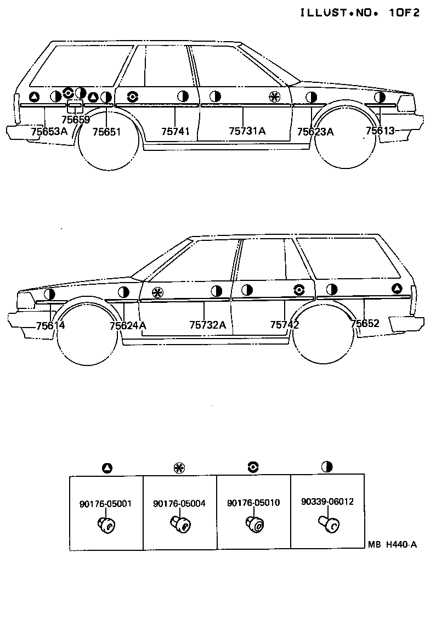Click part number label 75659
(76, 120)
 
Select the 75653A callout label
(49, 132)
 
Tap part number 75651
(106, 132)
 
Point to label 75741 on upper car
(176, 132)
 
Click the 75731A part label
(247, 131)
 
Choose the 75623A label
(315, 132)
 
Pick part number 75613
(380, 131)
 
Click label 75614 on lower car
(50, 325)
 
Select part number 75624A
(128, 325)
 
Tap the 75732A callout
(207, 325)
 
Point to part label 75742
(285, 325)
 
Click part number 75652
(365, 324)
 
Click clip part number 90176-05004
(179, 503)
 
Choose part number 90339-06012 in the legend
(327, 502)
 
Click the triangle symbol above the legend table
(107, 468)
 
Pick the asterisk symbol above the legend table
(179, 468)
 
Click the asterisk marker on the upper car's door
(275, 98)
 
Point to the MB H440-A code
(393, 544)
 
